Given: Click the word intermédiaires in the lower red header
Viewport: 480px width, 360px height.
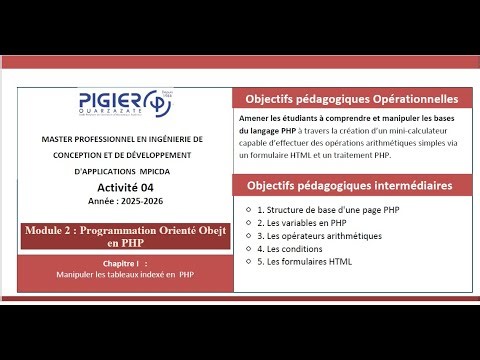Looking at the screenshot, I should tap(404, 186).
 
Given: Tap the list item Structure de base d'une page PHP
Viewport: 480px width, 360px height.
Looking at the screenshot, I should tap(328, 210).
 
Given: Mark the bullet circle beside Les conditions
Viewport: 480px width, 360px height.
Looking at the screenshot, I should tap(247, 249).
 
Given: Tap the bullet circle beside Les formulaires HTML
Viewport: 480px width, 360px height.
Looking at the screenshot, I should tap(247, 262).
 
